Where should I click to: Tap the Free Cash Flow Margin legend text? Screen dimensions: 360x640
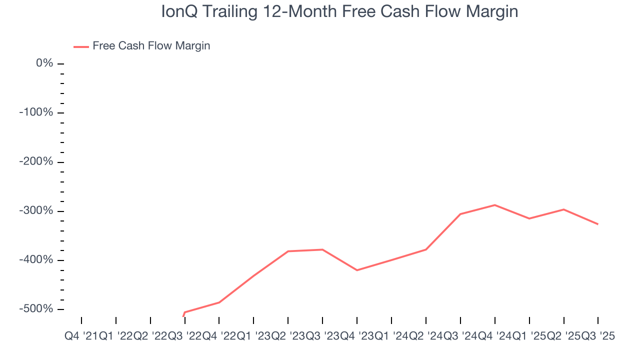point(151,46)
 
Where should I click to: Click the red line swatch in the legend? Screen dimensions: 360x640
point(81,46)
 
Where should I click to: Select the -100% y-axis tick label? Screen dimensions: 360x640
point(36,112)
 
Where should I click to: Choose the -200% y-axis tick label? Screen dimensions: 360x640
point(36,162)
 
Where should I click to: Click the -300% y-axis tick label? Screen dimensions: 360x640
point(36,211)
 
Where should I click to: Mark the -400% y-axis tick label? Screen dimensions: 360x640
point(36,260)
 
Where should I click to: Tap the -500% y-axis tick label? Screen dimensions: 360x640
point(36,309)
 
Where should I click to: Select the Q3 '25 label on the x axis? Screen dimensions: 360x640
point(598,336)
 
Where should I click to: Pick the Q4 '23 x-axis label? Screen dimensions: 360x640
point(357,336)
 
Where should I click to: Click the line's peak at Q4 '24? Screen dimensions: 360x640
point(495,205)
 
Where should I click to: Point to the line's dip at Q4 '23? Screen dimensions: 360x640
point(357,270)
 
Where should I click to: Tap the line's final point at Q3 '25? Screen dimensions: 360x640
point(598,224)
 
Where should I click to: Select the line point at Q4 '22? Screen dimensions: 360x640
point(219,302)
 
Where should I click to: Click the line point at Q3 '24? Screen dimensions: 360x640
point(460,214)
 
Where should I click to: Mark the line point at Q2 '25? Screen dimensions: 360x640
point(564,209)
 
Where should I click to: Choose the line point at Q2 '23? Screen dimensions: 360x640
point(288,251)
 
